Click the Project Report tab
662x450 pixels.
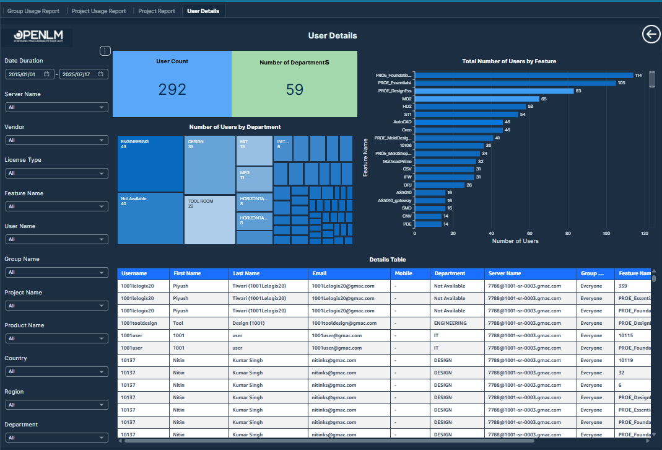pyautogui.click(x=156, y=11)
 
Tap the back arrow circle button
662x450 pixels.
pyautogui.click(x=651, y=35)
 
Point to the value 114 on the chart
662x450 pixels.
pyautogui.click(x=638, y=75)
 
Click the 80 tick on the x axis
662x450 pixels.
pyautogui.click(x=568, y=234)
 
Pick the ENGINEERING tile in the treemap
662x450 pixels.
pyautogui.click(x=150, y=164)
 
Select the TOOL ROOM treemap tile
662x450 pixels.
pyautogui.click(x=210, y=219)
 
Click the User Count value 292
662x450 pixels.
pyautogui.click(x=172, y=89)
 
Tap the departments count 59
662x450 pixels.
pyautogui.click(x=295, y=89)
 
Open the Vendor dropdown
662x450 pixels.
pyautogui.click(x=56, y=140)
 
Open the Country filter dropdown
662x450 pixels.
pyautogui.click(x=56, y=371)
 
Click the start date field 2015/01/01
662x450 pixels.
pyautogui.click(x=28, y=74)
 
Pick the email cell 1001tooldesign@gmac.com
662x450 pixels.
pyautogui.click(x=344, y=323)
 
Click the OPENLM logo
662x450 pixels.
pyautogui.click(x=38, y=37)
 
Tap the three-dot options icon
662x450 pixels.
pyautogui.click(x=105, y=51)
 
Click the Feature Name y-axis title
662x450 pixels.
pyautogui.click(x=366, y=157)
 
